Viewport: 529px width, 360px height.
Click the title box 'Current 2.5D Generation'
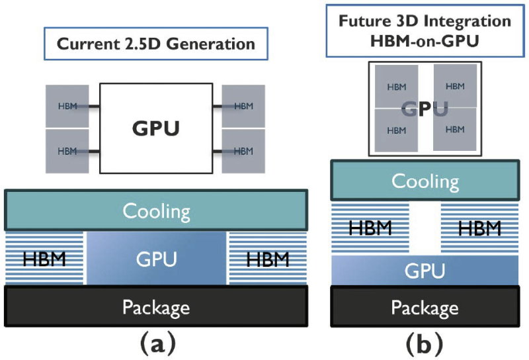click(x=155, y=45)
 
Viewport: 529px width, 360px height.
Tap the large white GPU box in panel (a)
click(x=156, y=128)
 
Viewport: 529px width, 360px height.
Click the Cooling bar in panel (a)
click(x=156, y=211)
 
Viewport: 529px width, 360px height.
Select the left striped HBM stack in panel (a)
click(x=45, y=259)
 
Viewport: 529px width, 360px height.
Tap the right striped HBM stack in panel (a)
click(x=267, y=259)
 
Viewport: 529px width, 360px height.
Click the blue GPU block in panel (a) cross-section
click(x=156, y=259)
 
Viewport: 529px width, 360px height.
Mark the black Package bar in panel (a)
click(x=156, y=307)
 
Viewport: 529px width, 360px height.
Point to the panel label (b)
click(x=425, y=344)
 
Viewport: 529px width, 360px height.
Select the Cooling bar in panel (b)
click(x=425, y=181)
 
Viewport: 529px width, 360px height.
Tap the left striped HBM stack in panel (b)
click(x=370, y=228)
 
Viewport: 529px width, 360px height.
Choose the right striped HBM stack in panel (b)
click(x=478, y=228)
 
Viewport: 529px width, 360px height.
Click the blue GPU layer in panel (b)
click(x=425, y=271)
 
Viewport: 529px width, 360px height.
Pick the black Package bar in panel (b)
click(x=425, y=308)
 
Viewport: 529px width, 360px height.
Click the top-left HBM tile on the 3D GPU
click(x=397, y=86)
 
